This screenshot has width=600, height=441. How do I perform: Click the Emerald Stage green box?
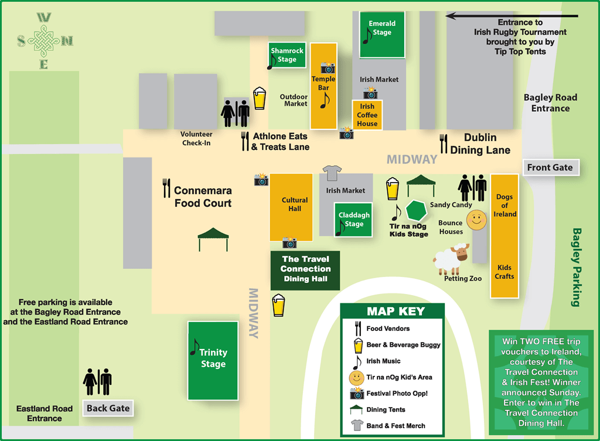382,35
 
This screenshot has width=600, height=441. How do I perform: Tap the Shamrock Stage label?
287,55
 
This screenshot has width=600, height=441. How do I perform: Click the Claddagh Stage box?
353,220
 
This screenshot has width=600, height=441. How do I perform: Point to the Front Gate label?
550,167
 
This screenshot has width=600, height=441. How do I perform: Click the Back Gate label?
108,408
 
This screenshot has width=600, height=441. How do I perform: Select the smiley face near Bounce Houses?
476,220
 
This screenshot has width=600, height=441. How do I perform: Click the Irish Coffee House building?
367,115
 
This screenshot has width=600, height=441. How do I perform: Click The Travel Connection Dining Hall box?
305,269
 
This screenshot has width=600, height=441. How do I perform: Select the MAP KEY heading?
396,312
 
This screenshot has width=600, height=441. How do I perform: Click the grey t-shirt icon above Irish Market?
332,172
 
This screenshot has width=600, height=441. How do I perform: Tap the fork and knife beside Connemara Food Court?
166,188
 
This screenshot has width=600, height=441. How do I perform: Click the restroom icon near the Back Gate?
97,382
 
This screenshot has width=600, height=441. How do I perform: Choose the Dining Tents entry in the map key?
386,409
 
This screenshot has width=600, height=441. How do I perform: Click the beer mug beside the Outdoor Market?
259,98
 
